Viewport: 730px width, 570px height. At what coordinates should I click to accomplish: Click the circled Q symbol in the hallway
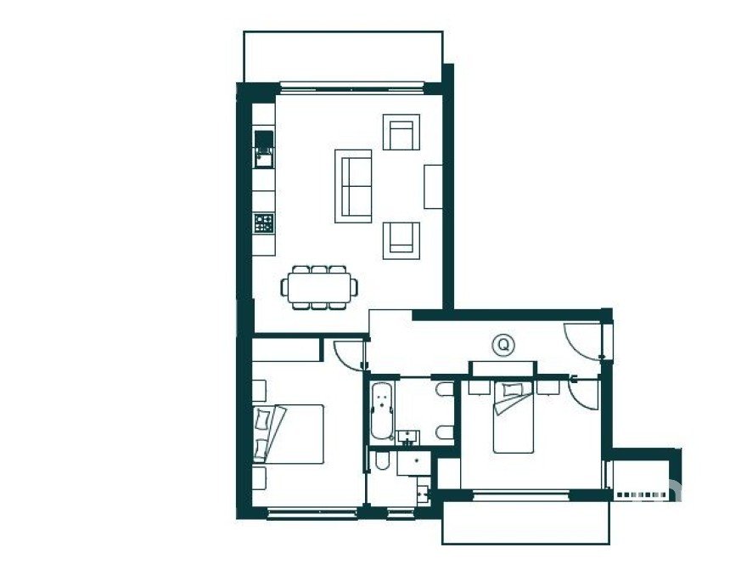503,346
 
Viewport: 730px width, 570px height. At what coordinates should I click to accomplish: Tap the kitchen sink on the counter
265,150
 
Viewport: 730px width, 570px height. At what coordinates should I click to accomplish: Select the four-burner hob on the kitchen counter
264,223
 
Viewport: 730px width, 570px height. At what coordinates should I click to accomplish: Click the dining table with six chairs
319,288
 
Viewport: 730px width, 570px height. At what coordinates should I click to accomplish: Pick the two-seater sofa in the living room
353,186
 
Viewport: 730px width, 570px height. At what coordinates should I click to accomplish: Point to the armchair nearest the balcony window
401,132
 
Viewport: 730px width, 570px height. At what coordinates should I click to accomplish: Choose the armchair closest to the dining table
401,240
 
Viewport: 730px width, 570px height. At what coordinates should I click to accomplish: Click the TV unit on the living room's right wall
433,186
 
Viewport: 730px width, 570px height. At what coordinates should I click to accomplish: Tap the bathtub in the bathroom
382,411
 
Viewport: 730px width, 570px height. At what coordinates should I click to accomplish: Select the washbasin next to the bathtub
409,437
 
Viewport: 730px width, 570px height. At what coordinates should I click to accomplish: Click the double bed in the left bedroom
289,434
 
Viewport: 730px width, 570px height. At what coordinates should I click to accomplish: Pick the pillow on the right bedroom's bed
511,390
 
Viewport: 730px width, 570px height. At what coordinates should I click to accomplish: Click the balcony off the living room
343,57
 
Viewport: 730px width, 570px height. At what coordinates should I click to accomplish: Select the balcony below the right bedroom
525,522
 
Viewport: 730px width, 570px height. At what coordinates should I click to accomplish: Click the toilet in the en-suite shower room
382,460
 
